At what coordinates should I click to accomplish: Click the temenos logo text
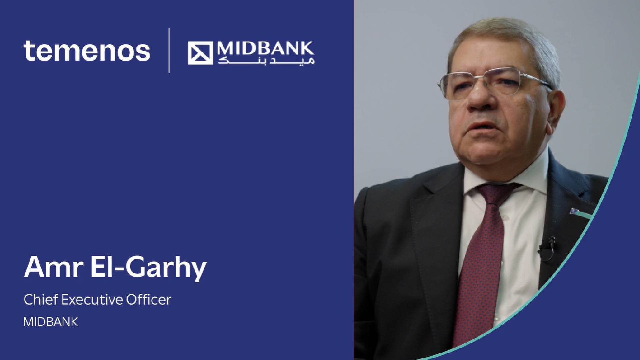87,51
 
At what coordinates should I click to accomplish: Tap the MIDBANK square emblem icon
200,53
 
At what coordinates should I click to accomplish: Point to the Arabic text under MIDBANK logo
266,61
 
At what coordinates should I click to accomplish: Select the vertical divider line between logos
169,50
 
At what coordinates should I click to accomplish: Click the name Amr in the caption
53,267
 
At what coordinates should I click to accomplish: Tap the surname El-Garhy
149,268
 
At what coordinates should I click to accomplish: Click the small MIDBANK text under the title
51,322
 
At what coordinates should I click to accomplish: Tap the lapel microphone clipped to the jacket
547,248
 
